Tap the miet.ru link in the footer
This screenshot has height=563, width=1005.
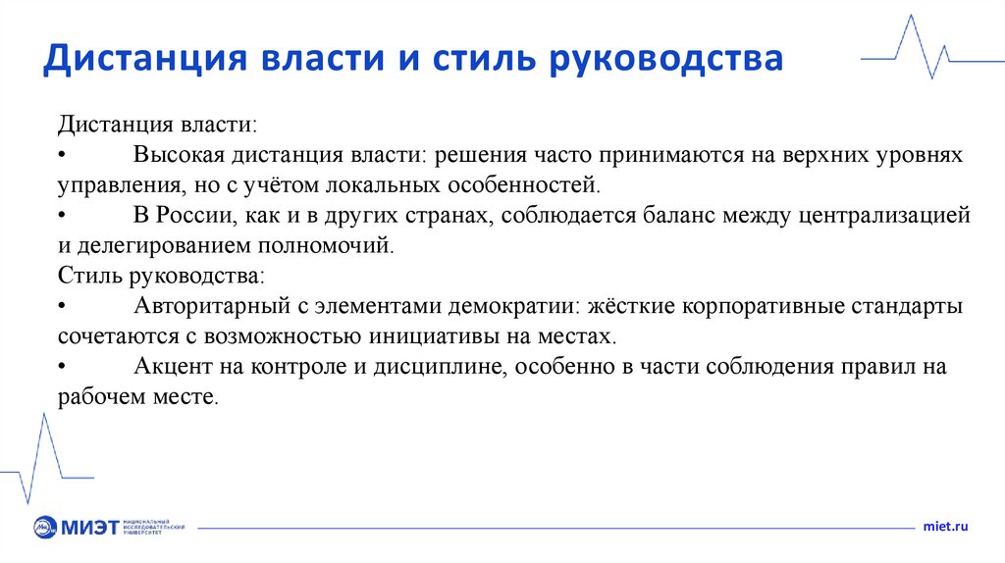pos(945,527)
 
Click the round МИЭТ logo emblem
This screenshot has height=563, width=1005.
pos(45,528)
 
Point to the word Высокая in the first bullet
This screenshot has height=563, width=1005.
pos(179,155)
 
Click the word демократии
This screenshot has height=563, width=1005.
pos(513,306)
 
